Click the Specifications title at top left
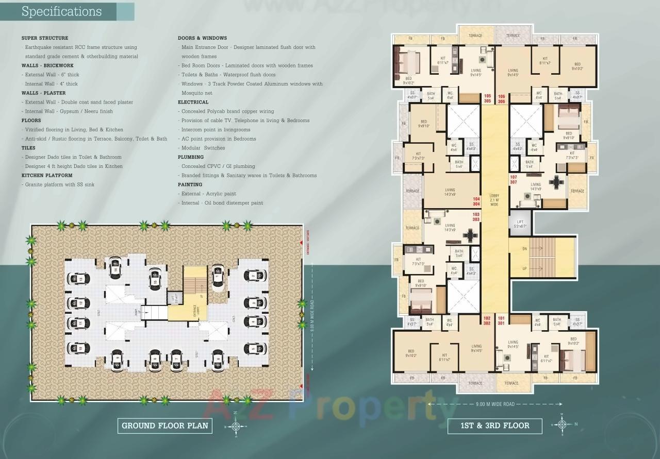coord(61,11)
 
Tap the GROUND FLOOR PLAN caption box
coord(165,426)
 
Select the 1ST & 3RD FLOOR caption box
coord(494,426)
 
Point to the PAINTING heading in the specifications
coord(190,184)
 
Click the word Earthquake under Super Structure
coord(40,47)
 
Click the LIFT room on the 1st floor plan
coord(520,224)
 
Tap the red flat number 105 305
coord(487,99)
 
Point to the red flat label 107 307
coord(513,180)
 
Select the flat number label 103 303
coord(475,217)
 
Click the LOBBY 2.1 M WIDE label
coord(494,200)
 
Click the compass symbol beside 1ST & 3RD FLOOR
coord(562,424)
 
